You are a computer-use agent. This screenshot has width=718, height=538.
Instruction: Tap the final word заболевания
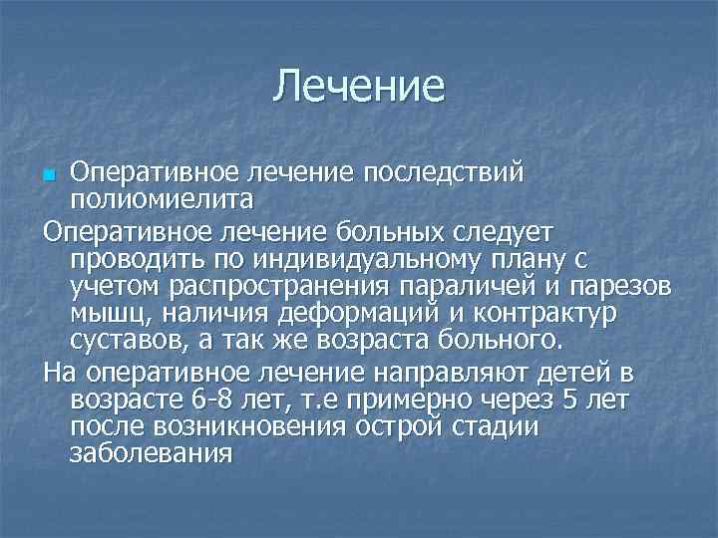151,455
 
